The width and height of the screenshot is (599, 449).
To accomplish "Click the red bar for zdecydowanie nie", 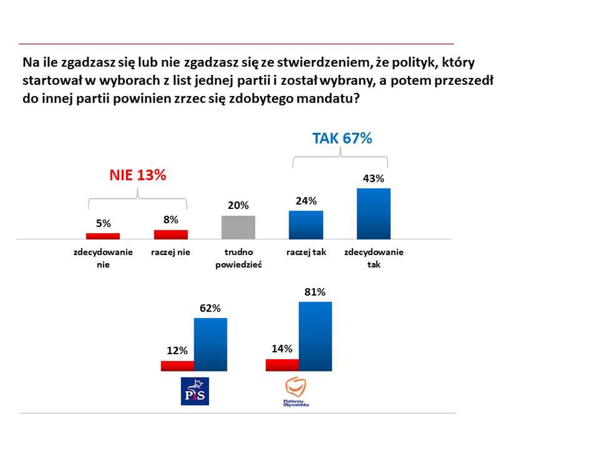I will [102, 236].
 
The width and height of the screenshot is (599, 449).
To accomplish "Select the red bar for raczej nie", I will [171, 234].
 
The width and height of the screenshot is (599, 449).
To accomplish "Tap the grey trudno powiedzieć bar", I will [238, 227].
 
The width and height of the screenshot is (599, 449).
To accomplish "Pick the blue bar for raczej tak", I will [306, 224].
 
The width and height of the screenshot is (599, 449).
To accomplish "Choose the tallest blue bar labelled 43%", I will [373, 213].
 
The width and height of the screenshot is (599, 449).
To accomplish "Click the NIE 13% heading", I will [137, 175].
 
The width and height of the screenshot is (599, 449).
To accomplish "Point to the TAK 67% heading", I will [341, 138].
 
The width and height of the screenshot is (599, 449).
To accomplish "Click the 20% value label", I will [238, 205].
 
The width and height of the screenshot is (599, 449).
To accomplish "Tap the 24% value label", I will [306, 200].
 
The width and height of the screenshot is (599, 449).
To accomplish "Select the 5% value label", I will [103, 223].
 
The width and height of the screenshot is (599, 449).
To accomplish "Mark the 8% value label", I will [171, 219].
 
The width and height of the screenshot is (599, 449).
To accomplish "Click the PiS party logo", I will [194, 391].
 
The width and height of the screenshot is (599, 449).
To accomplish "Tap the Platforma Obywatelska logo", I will [296, 392].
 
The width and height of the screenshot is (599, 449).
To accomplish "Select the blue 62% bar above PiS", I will [210, 344].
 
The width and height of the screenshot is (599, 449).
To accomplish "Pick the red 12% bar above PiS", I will [177, 365].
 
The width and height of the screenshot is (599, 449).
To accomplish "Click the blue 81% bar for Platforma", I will [315, 336].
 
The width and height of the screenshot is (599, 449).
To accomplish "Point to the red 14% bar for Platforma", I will [282, 365].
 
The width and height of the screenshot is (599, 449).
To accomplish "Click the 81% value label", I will [315, 291].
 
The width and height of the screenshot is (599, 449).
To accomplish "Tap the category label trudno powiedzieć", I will [238, 258].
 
